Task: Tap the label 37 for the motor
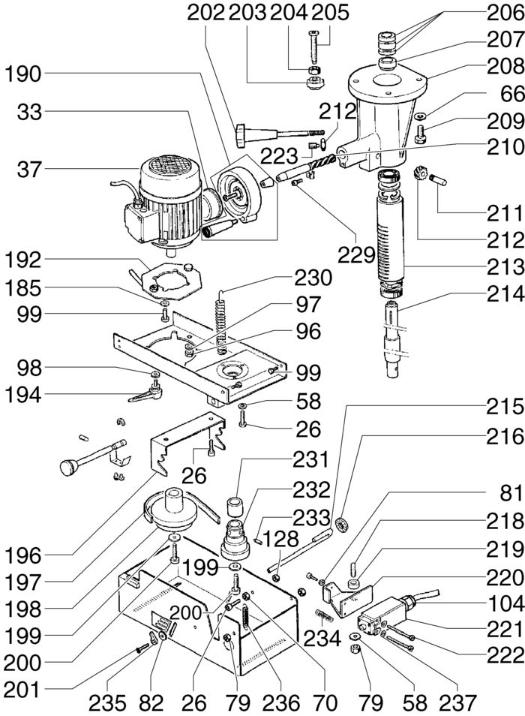click(x=29, y=170)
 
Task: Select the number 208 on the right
click(x=505, y=67)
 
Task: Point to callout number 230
click(x=313, y=278)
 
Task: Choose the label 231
click(x=311, y=459)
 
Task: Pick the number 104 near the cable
click(x=505, y=603)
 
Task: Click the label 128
click(x=280, y=540)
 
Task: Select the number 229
click(x=356, y=256)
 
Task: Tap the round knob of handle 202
click(x=241, y=136)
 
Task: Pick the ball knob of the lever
click(x=70, y=468)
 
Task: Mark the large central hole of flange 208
click(x=388, y=83)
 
